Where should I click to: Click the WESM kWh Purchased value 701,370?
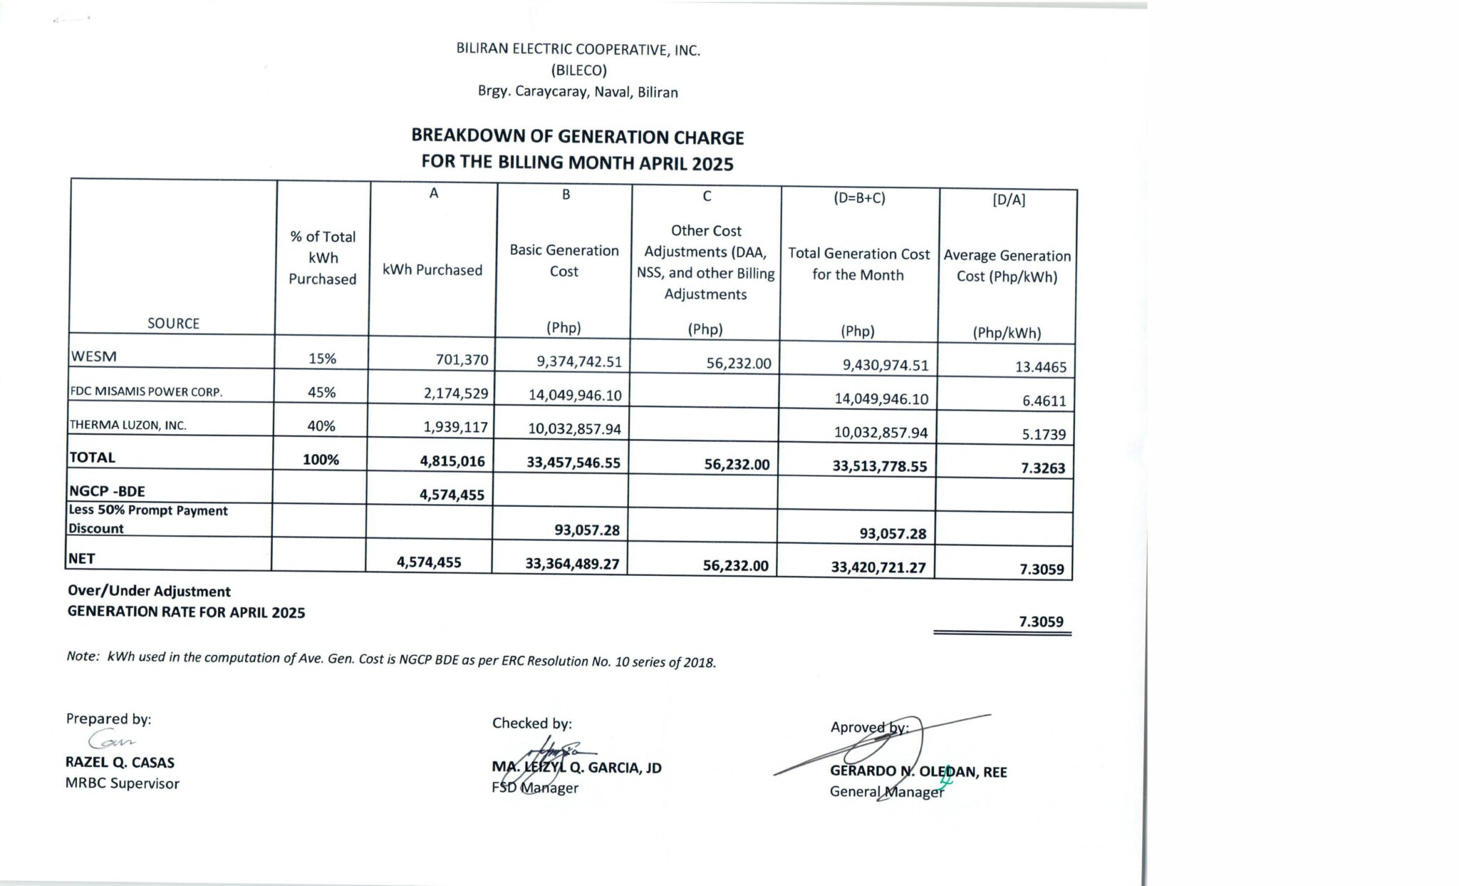pos(462,359)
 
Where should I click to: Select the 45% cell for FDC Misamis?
pos(321,392)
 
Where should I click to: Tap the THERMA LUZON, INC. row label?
pos(128,425)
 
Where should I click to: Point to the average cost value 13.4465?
pos(1040,367)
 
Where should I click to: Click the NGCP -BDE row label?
pos(107,491)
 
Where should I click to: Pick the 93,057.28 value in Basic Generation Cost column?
pos(586,530)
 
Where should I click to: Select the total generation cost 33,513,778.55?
pos(879,466)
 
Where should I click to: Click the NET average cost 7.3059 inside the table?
pos(1041,569)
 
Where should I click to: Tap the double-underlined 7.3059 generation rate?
pos(1040,622)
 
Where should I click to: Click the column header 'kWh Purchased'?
pos(432,270)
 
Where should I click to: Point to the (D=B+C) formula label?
pos(859,198)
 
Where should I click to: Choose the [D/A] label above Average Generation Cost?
pos(1008,200)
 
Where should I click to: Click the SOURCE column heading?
pos(173,323)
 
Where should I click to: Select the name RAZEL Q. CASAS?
pos(120,762)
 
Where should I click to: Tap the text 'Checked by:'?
pos(531,723)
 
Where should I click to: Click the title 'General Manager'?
pos(886,791)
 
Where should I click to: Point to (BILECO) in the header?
pos(578,71)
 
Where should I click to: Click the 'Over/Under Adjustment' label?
pos(149,591)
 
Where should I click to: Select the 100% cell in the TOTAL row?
pos(321,460)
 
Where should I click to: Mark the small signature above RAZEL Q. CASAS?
pos(110,739)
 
